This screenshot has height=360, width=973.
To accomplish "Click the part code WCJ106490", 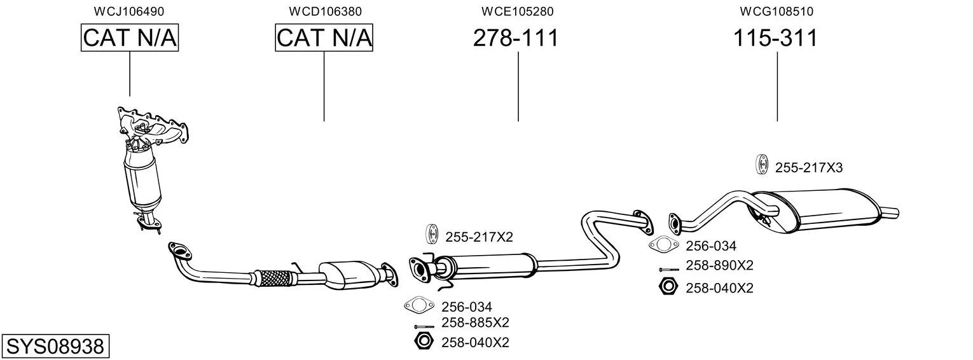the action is tap(129, 11).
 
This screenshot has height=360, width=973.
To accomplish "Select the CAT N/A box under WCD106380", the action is tap(324, 38).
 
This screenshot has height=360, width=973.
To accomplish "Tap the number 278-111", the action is tap(516, 38).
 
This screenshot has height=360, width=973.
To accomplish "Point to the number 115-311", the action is tap(775, 38).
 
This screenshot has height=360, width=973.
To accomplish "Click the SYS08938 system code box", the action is tap(55, 346).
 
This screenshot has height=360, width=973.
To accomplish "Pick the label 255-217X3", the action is tap(809, 168).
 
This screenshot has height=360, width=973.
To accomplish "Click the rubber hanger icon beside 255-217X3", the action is tap(761, 165).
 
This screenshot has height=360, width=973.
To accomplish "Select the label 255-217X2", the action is tap(479, 237).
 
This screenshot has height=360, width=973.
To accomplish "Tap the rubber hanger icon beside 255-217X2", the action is tap(432, 234).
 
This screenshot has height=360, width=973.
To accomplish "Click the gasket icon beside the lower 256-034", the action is tap(419, 305).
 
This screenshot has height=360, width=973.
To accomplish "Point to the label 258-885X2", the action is tap(475, 322).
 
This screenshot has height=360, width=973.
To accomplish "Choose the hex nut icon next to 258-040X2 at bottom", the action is tap(424, 341).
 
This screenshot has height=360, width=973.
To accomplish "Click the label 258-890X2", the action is tap(719, 265).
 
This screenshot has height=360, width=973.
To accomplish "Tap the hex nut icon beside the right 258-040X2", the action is tap(668, 287).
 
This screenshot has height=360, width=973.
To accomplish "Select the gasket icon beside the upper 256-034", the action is tap(663, 245).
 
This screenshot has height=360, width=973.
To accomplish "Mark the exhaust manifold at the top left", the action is tap(154, 128).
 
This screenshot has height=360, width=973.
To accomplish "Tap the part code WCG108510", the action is tap(776, 11).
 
